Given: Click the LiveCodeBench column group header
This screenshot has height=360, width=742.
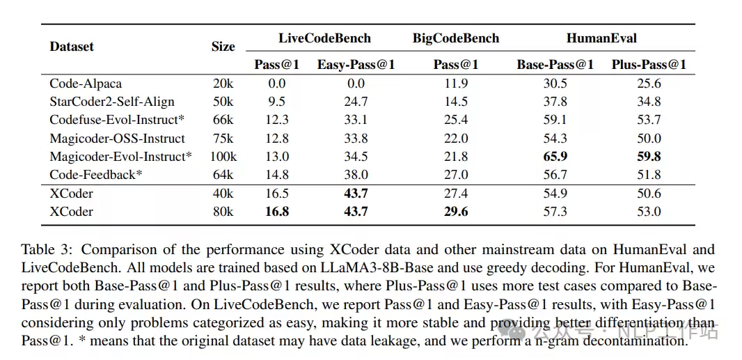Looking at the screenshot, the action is coord(324,38).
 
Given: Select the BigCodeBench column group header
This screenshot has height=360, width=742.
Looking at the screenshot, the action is coord(456,38).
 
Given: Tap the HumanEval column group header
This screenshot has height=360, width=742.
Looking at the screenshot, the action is coord(601,38).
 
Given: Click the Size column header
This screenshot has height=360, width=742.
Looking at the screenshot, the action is coord(223,47).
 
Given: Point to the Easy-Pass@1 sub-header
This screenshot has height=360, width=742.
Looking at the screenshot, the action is coord(356,65).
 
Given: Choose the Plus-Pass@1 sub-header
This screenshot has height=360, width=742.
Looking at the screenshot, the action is coord(649,65).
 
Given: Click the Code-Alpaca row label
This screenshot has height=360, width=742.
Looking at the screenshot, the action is coord(86,84).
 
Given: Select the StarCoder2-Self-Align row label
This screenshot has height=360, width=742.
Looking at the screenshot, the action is coord(112,102).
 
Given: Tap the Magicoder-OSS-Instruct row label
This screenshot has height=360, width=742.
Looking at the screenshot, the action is coord(118,139).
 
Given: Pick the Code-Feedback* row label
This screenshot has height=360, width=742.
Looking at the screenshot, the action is coord(96,175).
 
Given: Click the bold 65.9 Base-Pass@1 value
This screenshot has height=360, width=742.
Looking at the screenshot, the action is coord(555,156).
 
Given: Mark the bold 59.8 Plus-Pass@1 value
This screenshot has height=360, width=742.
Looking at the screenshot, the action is coord(649,156).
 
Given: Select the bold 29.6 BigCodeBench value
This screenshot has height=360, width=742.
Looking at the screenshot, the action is coord(456,211).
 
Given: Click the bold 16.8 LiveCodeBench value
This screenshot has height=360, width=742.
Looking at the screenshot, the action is coord(277,211).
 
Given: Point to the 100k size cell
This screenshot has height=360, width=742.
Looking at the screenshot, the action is coord(223,156).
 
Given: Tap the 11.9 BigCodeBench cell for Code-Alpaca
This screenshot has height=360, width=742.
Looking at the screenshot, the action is coord(456,84).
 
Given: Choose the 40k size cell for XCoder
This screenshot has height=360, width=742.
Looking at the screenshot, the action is coord(223,194).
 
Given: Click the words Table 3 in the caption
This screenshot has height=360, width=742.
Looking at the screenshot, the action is coord(44,249).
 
